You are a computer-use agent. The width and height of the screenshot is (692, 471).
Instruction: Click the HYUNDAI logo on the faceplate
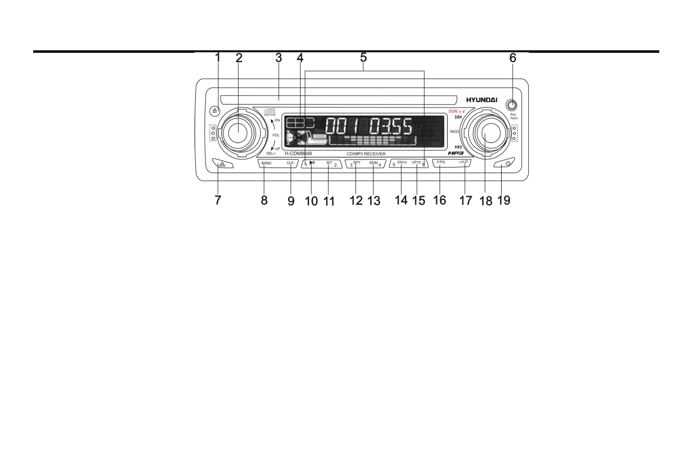click(x=481, y=100)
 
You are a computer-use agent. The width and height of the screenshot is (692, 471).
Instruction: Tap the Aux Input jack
click(x=512, y=105)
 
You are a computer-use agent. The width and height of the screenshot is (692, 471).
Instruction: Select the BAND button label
click(x=266, y=163)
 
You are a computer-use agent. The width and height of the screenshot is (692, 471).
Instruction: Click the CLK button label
click(x=290, y=163)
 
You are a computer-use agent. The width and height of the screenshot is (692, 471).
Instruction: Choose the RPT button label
click(x=357, y=163)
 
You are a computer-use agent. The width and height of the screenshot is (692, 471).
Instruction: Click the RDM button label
click(x=374, y=163)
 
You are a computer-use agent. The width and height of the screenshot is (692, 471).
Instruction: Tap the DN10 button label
click(x=401, y=162)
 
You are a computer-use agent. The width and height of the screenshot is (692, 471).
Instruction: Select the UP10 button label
click(x=416, y=162)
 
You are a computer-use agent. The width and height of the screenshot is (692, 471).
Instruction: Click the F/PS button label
click(x=440, y=162)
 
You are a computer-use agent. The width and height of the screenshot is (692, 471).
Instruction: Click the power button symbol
click(x=508, y=164)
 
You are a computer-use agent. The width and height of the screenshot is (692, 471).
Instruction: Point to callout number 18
click(x=486, y=200)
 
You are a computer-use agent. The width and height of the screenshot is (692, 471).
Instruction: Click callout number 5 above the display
click(x=363, y=58)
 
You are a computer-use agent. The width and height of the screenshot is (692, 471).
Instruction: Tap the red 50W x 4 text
click(x=457, y=111)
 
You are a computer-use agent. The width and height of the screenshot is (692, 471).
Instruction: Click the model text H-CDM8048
click(x=298, y=153)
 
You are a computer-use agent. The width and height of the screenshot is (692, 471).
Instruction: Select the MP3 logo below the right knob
click(x=456, y=153)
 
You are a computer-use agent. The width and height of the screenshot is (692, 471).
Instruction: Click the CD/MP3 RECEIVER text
click(x=366, y=154)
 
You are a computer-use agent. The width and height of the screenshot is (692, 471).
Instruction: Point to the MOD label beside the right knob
click(x=454, y=132)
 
